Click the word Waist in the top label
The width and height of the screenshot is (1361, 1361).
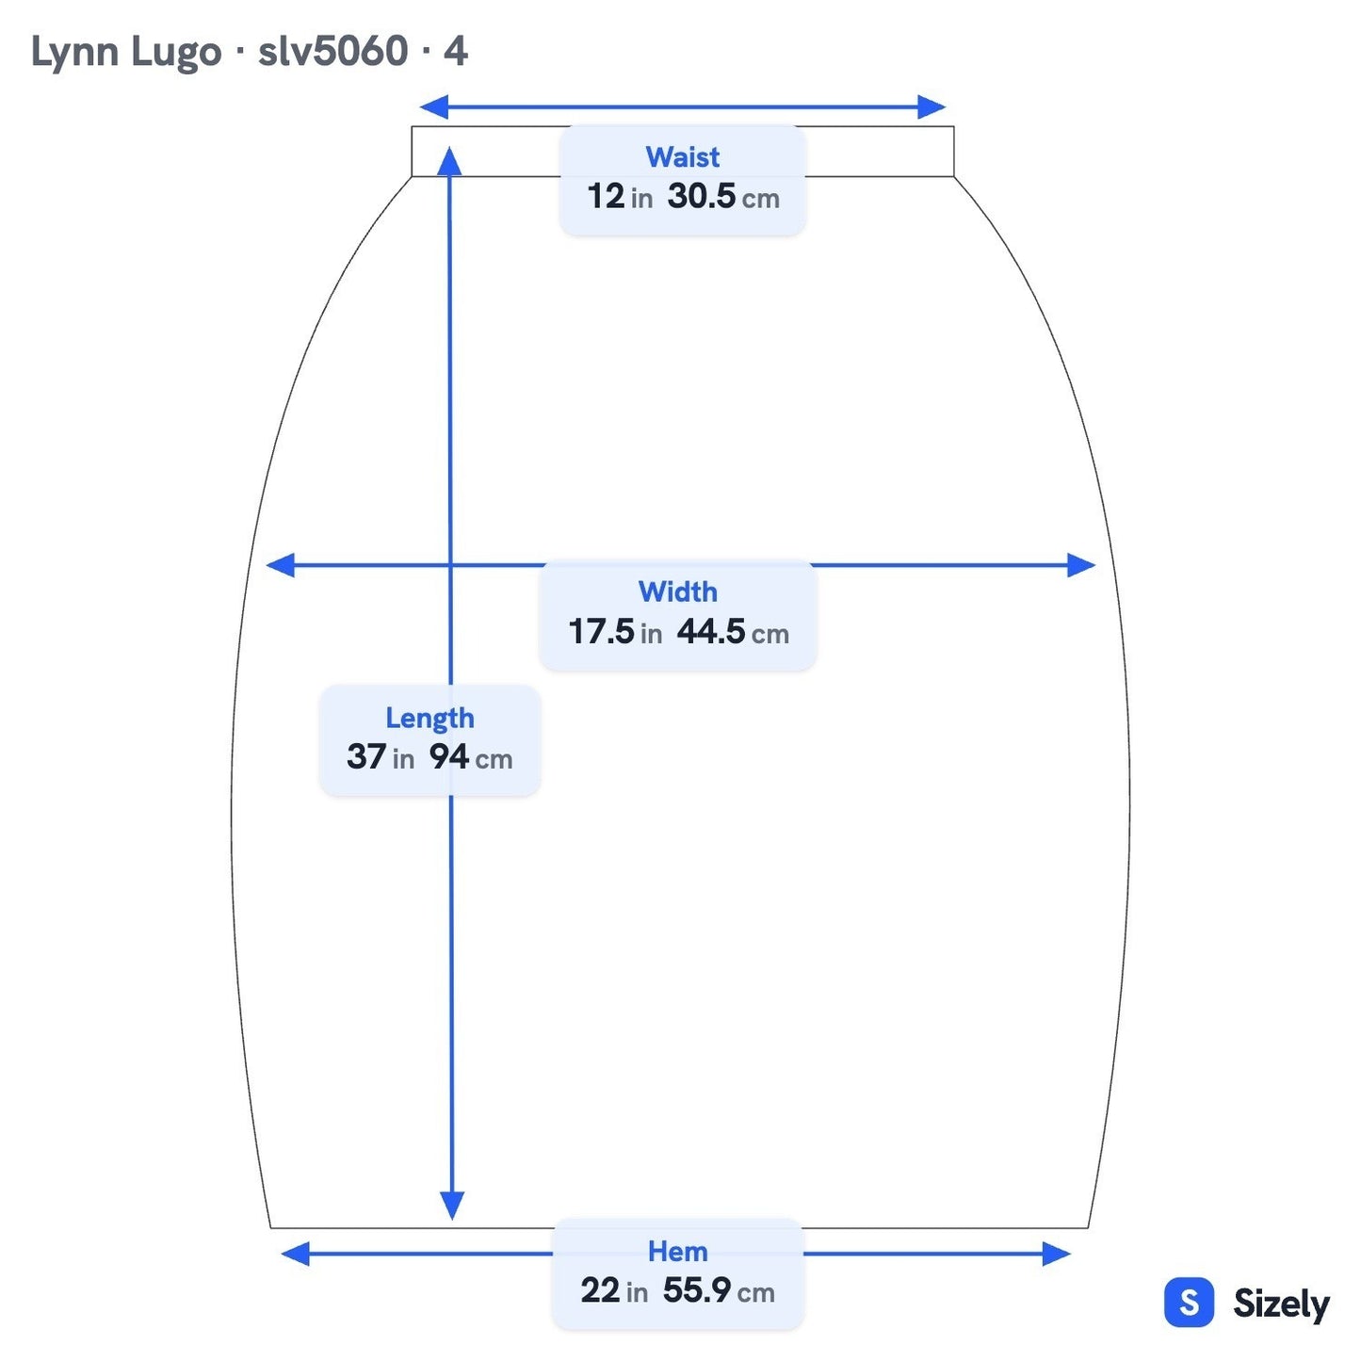pyautogui.click(x=682, y=156)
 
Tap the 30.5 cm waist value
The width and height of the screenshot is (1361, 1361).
pyautogui.click(x=723, y=196)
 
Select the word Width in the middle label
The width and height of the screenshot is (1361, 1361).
pyautogui.click(x=677, y=591)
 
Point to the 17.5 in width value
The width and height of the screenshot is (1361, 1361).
pyautogui.click(x=615, y=631)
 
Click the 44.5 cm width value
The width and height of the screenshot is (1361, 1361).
pyautogui.click(x=733, y=631)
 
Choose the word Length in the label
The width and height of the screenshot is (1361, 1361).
pyautogui.click(x=429, y=719)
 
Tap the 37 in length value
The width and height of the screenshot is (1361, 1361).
pyautogui.click(x=380, y=756)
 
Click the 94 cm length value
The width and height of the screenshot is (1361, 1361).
pyautogui.click(x=470, y=756)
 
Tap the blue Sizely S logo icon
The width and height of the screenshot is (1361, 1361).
pyautogui.click(x=1189, y=1302)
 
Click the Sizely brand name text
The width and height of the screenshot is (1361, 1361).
pyautogui.click(x=1281, y=1304)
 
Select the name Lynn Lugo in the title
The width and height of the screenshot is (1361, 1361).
pyautogui.click(x=125, y=53)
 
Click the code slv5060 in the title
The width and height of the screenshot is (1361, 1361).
pyautogui.click(x=332, y=51)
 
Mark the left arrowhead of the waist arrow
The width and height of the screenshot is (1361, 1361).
pyautogui.click(x=433, y=107)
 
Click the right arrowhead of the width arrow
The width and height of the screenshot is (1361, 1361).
pyautogui.click(x=1080, y=565)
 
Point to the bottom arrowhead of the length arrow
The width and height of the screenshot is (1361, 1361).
pyautogui.click(x=452, y=1206)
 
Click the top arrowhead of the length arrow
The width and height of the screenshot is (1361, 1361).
pyautogui.click(x=449, y=160)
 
